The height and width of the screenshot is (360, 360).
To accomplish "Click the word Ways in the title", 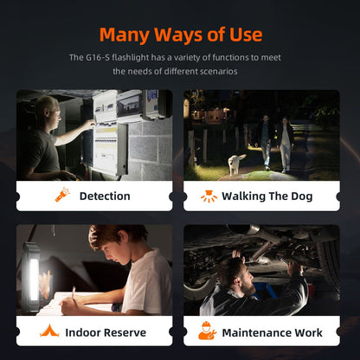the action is coord(178,35).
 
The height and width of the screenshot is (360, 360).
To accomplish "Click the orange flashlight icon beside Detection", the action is coord(62,195).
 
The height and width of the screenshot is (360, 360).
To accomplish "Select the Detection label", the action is coord(105,196).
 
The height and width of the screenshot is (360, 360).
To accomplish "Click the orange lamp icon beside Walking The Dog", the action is coord(209,196).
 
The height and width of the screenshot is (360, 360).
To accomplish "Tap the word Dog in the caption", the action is coord(302,196).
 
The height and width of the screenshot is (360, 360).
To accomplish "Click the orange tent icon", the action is coord(49,331).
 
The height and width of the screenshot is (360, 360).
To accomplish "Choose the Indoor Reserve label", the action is coord(106,332).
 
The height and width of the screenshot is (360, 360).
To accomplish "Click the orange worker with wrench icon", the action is coord(207,331).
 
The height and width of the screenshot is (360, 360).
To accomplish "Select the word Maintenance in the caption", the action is coord(253,333).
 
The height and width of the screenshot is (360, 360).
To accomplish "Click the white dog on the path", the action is coord(236,164).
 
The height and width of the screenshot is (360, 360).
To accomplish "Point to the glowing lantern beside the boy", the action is coord(31,277).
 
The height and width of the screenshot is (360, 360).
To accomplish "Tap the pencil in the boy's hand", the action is coord(74,292).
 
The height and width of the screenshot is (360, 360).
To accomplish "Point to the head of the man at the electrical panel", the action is coord(49,111).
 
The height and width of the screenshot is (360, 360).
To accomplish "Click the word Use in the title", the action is coord(246,35).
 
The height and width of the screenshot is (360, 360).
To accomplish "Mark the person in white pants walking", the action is coord(286,145).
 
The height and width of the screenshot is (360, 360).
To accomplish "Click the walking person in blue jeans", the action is coord(265,143).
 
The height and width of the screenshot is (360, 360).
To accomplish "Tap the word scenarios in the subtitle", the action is coord(218,71).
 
